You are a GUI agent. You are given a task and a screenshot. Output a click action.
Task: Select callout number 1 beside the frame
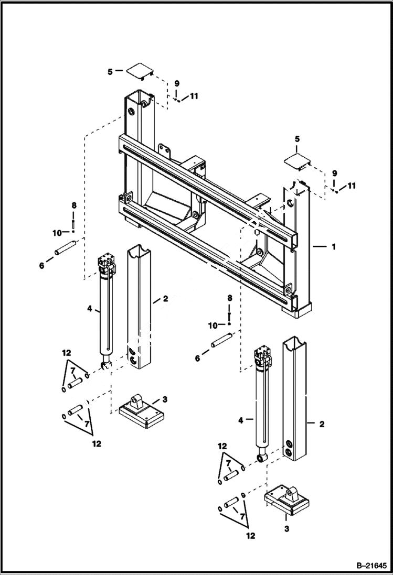tap(333, 246)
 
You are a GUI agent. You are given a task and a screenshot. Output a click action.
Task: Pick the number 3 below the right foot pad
tap(286, 529)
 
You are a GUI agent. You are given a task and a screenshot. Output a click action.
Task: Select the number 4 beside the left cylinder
tap(90, 310)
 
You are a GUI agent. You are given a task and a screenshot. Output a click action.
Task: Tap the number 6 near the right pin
tap(197, 359)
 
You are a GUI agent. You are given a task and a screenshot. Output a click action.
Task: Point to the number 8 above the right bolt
tap(229, 298)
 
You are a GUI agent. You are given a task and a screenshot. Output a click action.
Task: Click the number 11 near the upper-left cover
tap(194, 96)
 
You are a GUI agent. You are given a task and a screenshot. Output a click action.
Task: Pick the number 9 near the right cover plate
tap(334, 173)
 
